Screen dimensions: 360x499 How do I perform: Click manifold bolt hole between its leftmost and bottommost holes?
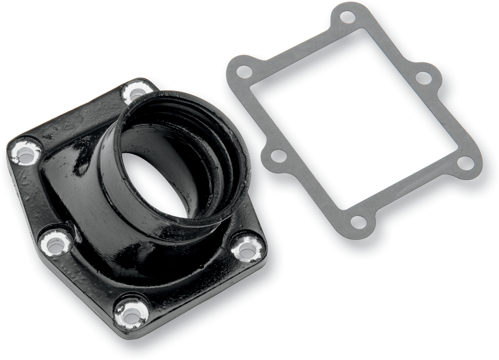[x=55, y=244]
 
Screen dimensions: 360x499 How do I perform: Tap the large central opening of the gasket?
[x=352, y=116]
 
